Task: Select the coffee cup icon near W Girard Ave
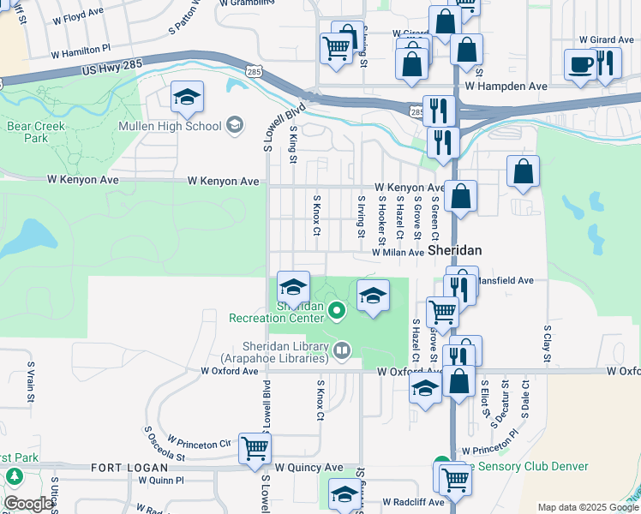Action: pyautogui.click(x=580, y=65)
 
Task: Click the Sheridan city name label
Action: pyautogui.click(x=454, y=250)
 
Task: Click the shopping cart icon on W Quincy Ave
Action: pyautogui.click(x=255, y=448)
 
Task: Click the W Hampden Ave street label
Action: pyautogui.click(x=506, y=87)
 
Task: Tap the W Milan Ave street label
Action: pyautogui.click(x=398, y=253)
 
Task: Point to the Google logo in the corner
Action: pyautogui.click(x=27, y=504)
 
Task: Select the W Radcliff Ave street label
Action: pyautogui.click(x=413, y=502)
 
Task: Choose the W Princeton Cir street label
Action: pyautogui.click(x=200, y=443)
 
